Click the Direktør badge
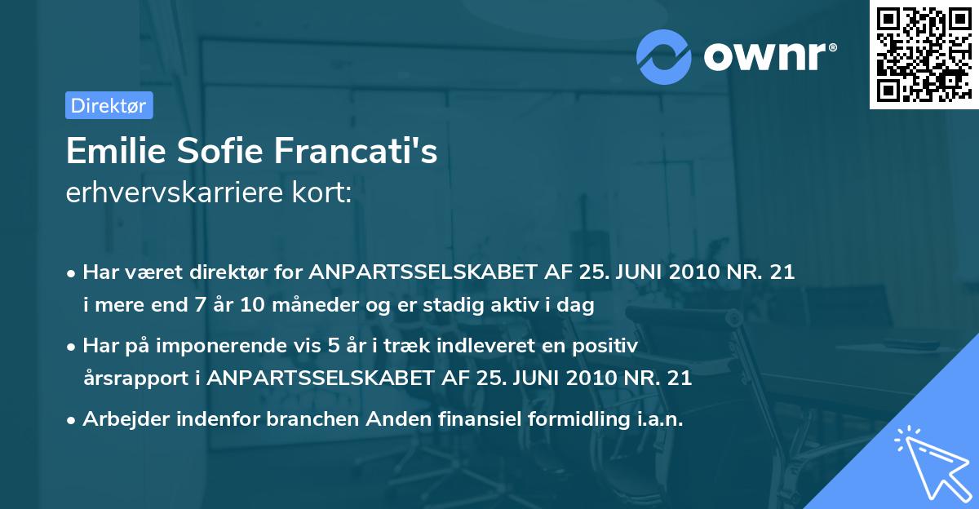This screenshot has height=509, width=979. (109, 105)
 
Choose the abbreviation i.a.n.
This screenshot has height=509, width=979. (659, 419)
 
